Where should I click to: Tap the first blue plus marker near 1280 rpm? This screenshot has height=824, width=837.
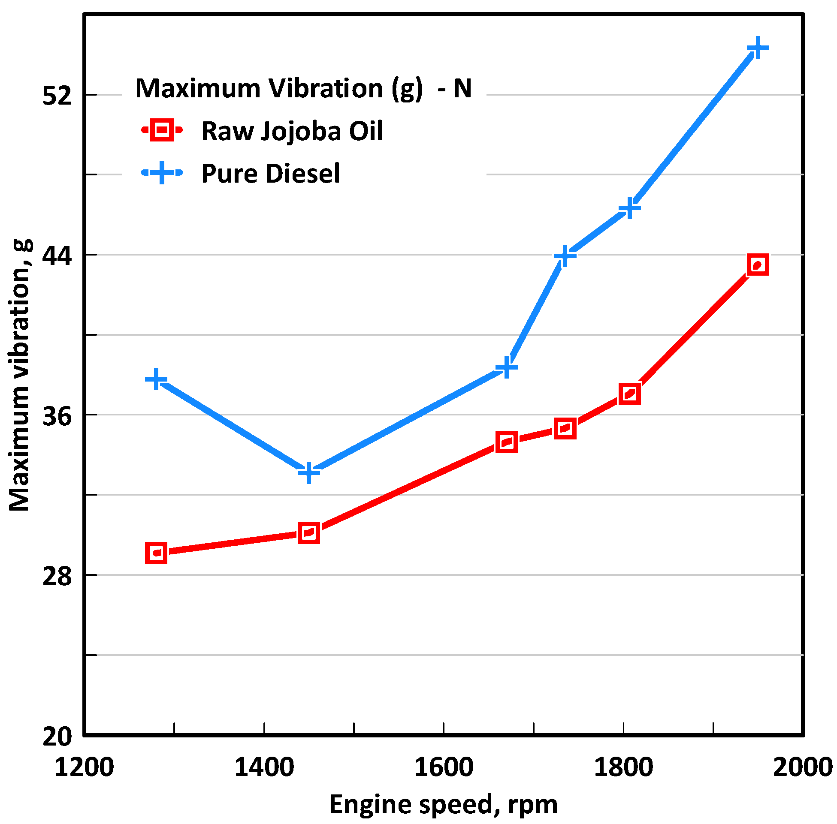point(156,380)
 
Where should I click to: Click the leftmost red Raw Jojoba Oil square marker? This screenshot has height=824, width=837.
point(156,553)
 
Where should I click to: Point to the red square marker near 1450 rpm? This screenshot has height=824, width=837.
point(308,533)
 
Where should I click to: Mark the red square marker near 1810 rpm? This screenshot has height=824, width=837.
point(629,394)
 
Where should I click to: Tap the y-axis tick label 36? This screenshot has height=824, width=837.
point(57,416)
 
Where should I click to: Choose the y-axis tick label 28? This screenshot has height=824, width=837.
point(57,576)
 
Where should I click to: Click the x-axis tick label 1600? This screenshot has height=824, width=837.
point(444,768)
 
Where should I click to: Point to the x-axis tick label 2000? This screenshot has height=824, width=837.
point(802,768)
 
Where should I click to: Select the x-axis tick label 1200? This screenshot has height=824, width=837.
point(85,768)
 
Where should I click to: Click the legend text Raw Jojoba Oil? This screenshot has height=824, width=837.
point(292,131)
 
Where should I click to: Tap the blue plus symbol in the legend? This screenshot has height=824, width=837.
point(161,173)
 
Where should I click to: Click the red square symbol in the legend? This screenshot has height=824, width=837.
point(161,130)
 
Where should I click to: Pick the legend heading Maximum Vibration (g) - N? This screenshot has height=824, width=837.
point(303,88)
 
